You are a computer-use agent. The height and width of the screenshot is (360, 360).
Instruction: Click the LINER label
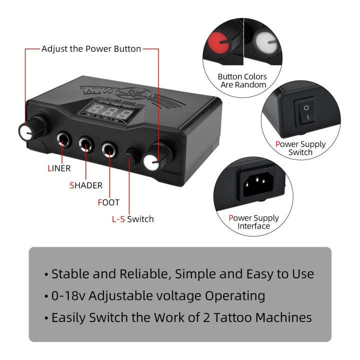click(55, 168)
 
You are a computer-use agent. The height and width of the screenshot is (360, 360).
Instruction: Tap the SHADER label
click(85, 185)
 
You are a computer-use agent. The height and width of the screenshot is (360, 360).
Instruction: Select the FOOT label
click(108, 202)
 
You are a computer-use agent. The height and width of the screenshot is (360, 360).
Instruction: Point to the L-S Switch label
click(132, 219)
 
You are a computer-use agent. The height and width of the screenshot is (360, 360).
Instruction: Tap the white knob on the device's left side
click(25, 131)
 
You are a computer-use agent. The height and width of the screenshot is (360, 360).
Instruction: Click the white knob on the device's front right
click(151, 161)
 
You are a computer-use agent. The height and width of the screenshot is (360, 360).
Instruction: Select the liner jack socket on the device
click(64, 139)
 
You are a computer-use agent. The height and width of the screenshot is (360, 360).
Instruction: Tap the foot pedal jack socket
click(109, 149)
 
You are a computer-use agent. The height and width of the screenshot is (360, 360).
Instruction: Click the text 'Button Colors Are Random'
click(242, 80)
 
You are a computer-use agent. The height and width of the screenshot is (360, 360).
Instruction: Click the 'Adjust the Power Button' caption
click(91, 49)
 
